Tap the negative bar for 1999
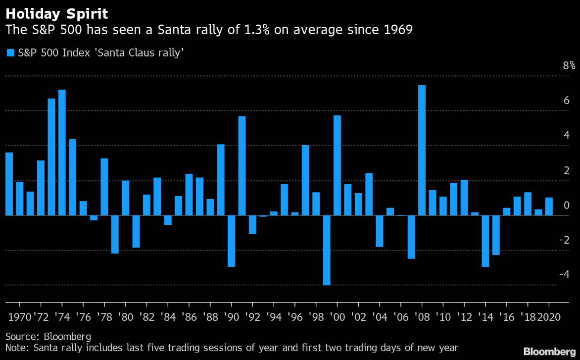click(x=327, y=250)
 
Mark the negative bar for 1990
click(x=231, y=241)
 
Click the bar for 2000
click(x=337, y=165)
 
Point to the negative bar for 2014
click(x=485, y=241)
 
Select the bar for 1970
click(x=19, y=199)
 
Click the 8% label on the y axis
click(x=569, y=66)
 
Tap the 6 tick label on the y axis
click(x=566, y=101)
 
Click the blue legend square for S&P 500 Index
click(x=10, y=52)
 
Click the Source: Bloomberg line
click(x=48, y=337)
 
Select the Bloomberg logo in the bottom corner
click(x=546, y=351)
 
